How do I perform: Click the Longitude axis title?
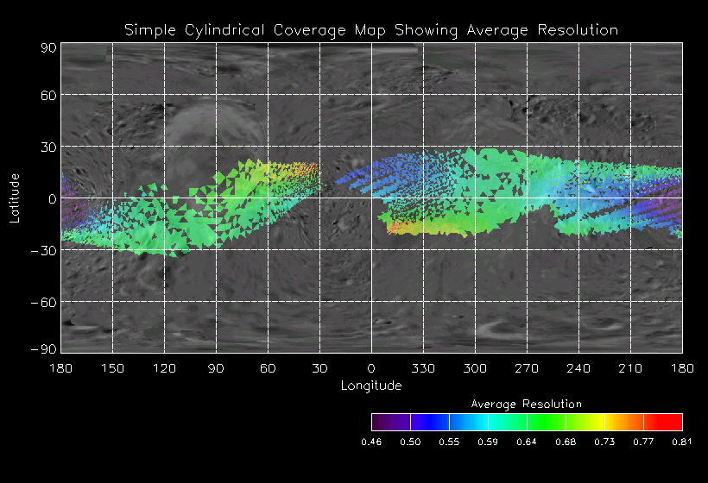pyautogui.click(x=371, y=386)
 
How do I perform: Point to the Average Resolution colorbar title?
pyautogui.click(x=527, y=404)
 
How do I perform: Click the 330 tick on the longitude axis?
pyautogui.click(x=423, y=368)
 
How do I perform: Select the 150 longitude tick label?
pyautogui.click(x=112, y=368)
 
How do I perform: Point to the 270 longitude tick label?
pyautogui.click(x=527, y=368)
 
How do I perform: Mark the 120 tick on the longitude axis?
pyautogui.click(x=164, y=368)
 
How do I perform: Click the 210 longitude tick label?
pyautogui.click(x=630, y=368)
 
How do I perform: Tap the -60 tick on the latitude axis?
pyautogui.click(x=44, y=302)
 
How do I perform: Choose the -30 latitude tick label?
pyautogui.click(x=44, y=250)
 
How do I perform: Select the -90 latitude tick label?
pyautogui.click(x=44, y=348)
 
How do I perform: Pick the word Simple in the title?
pyautogui.click(x=148, y=30)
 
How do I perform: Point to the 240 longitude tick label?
pyautogui.click(x=578, y=368)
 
